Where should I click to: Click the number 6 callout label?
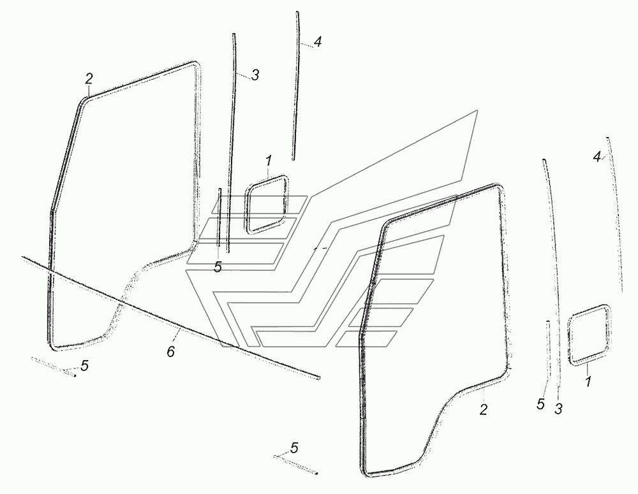pyautogui.click(x=170, y=352)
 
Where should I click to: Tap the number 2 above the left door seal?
pyautogui.click(x=89, y=79)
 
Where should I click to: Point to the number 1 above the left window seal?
pyautogui.click(x=269, y=159)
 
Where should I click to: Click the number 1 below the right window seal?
pyautogui.click(x=588, y=382)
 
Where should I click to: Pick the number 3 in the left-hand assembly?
pyautogui.click(x=255, y=75)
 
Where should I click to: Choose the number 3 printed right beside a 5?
pyautogui.click(x=558, y=408)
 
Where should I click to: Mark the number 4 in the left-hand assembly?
pyautogui.click(x=317, y=43)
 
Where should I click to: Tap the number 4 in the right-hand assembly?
pyautogui.click(x=597, y=157)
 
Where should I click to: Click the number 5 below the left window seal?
pyautogui.click(x=218, y=268)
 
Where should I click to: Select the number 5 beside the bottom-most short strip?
pyautogui.click(x=294, y=447)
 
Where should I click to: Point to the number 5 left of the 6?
pyautogui.click(x=84, y=366)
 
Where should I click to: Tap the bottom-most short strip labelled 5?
pyautogui.click(x=297, y=463)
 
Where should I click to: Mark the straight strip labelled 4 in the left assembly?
pyautogui.click(x=297, y=86)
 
